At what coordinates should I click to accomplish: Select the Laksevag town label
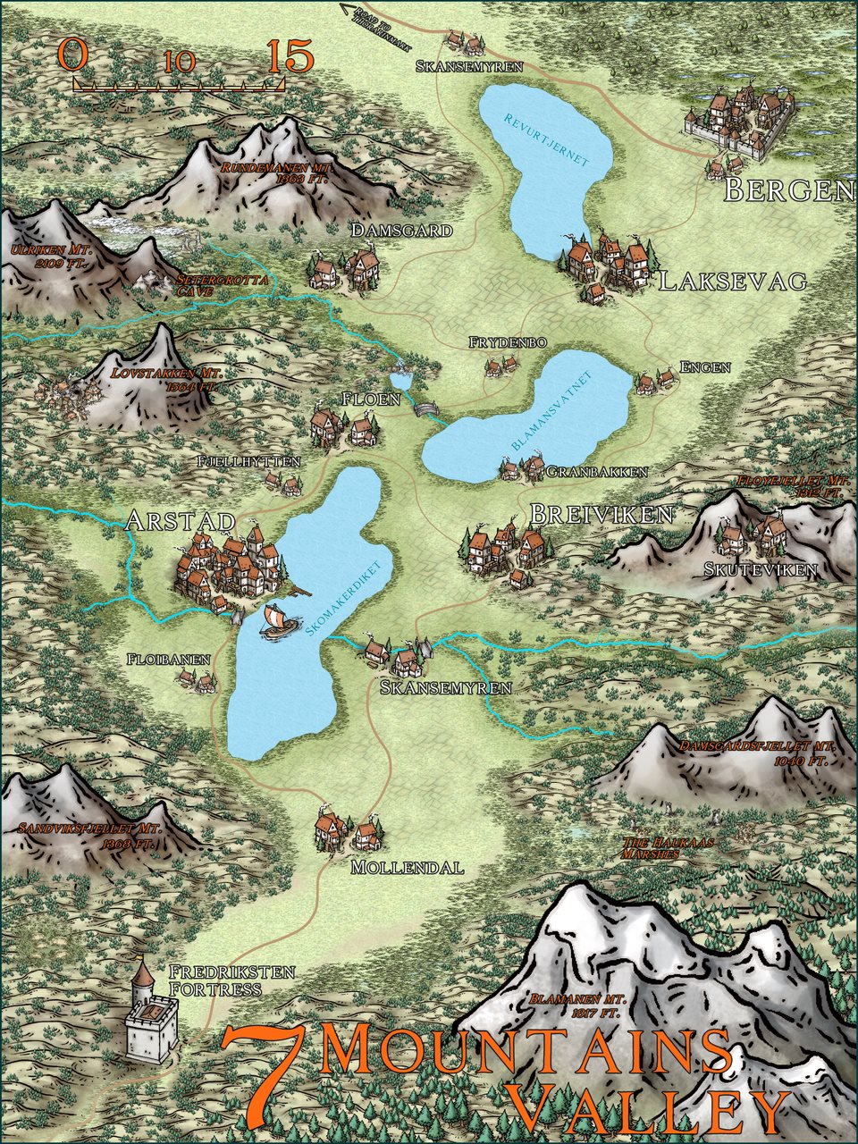[x=733, y=282]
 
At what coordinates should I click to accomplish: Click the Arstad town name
[x=181, y=521]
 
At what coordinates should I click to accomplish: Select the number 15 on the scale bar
[x=290, y=57]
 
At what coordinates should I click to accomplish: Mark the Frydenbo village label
[x=507, y=343]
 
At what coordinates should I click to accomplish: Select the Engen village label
[x=705, y=366]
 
